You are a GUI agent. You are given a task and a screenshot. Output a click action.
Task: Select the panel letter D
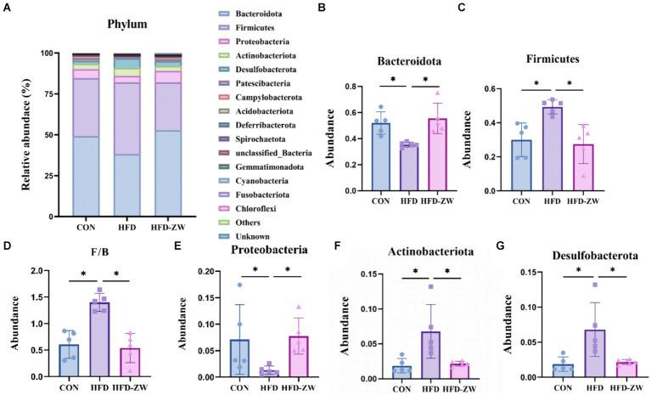pos(8,249)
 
